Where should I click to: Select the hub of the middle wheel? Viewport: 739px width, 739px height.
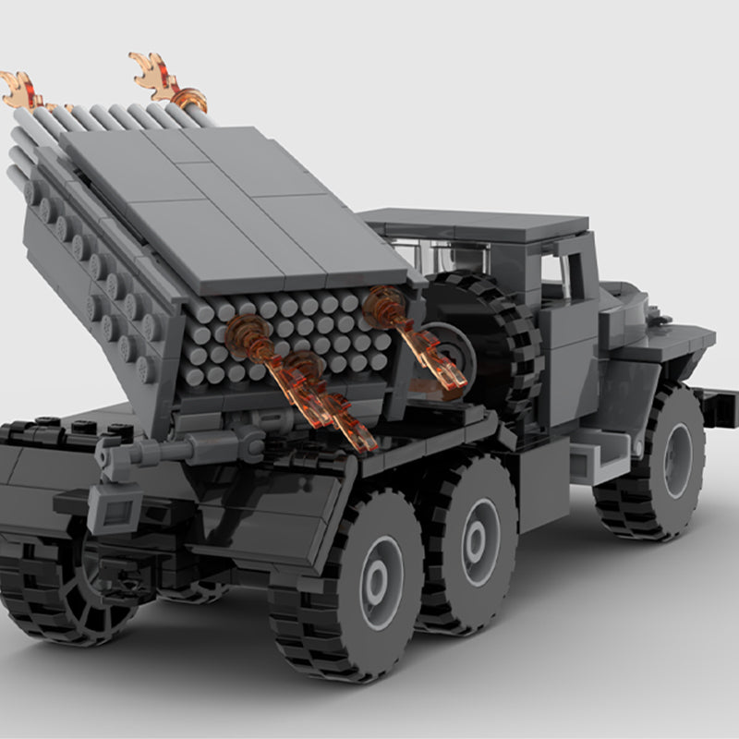(x=479, y=542)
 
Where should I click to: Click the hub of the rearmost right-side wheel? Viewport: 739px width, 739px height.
(x=377, y=582)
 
